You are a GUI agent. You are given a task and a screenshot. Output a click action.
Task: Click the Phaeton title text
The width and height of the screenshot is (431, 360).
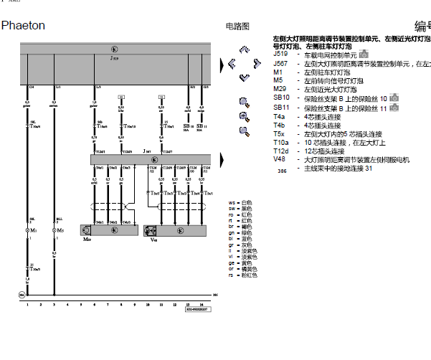[23, 26]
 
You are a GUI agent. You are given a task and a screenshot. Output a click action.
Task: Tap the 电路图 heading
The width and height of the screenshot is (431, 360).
[237, 27]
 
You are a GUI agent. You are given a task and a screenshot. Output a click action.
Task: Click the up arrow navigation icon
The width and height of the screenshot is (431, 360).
[245, 51]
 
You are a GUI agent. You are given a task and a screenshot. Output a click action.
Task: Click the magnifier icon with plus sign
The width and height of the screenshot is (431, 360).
[245, 101]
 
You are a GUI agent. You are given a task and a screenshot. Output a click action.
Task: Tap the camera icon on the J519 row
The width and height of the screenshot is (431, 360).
[364, 55]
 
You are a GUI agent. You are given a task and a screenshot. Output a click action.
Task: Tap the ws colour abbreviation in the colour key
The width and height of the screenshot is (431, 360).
[232, 203]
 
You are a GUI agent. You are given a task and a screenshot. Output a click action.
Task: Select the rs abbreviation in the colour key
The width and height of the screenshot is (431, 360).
[232, 275]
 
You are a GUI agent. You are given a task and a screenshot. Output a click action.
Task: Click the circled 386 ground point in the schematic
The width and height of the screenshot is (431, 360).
[214, 295]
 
